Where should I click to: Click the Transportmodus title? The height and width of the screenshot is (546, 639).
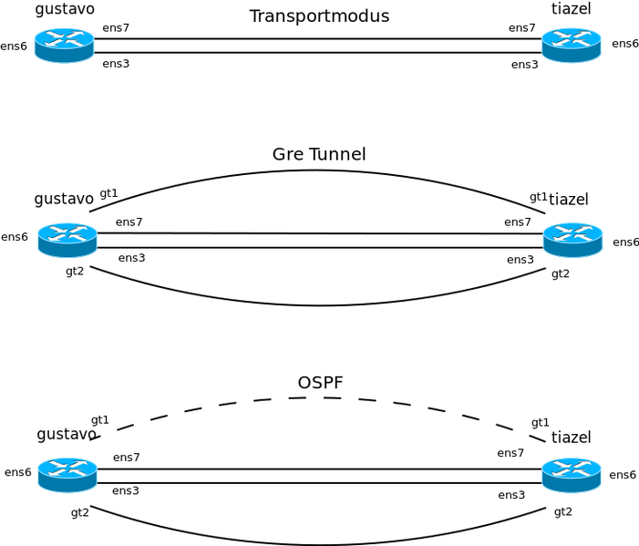[x=319, y=16]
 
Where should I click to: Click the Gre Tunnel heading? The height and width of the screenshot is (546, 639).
[x=319, y=154]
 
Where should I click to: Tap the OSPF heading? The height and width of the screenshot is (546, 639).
[x=320, y=383]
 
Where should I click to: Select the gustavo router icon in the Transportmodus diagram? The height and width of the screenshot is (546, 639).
[x=64, y=45]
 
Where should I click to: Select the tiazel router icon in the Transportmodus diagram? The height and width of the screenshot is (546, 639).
[x=571, y=45]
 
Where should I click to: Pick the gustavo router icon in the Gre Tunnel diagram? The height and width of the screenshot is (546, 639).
[x=67, y=240]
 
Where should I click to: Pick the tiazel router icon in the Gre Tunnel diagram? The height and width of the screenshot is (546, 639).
[x=572, y=240]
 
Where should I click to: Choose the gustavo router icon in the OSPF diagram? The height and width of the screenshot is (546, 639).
[x=67, y=474]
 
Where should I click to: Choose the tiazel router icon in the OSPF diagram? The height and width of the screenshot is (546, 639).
[x=571, y=474]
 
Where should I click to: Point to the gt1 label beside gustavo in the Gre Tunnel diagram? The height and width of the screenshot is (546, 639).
[x=108, y=193]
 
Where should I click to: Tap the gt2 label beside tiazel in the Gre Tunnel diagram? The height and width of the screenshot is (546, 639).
[x=561, y=273]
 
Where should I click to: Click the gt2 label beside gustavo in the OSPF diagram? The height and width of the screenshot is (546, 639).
[x=80, y=512]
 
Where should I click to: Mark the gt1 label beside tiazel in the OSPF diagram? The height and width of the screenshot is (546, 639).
[x=541, y=422]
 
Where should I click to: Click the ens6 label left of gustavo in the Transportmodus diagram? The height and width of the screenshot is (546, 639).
[x=14, y=46]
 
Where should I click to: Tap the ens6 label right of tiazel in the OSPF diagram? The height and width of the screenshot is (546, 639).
[x=623, y=475]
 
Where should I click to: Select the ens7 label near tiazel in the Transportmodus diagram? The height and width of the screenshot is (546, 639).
[x=522, y=28]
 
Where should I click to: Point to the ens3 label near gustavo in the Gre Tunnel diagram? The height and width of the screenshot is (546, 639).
[x=131, y=258]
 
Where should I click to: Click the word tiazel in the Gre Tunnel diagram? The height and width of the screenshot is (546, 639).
[x=569, y=199]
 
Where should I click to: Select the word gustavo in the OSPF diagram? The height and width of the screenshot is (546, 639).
[x=66, y=434]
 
